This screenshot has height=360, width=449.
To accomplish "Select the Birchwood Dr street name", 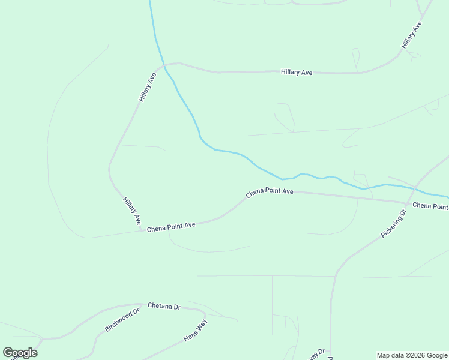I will tap(122, 320).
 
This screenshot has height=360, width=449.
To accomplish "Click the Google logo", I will tap(20, 353).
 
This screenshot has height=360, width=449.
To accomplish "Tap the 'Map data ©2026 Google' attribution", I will tap(412, 355).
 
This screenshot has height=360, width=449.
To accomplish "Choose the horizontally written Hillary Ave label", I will tap(297, 72).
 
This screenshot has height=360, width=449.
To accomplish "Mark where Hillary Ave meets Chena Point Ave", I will tap(142, 229).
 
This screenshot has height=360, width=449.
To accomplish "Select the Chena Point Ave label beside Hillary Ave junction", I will tap(172, 227).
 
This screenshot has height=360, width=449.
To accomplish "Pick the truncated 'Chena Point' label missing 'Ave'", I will tap(430, 206).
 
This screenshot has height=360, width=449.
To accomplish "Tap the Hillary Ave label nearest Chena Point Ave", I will tap(132, 211).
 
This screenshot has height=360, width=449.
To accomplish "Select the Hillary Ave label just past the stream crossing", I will tap(148, 87).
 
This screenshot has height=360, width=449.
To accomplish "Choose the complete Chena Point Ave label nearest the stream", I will tap(270, 193).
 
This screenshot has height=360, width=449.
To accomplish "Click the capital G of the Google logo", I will tap(8, 353).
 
